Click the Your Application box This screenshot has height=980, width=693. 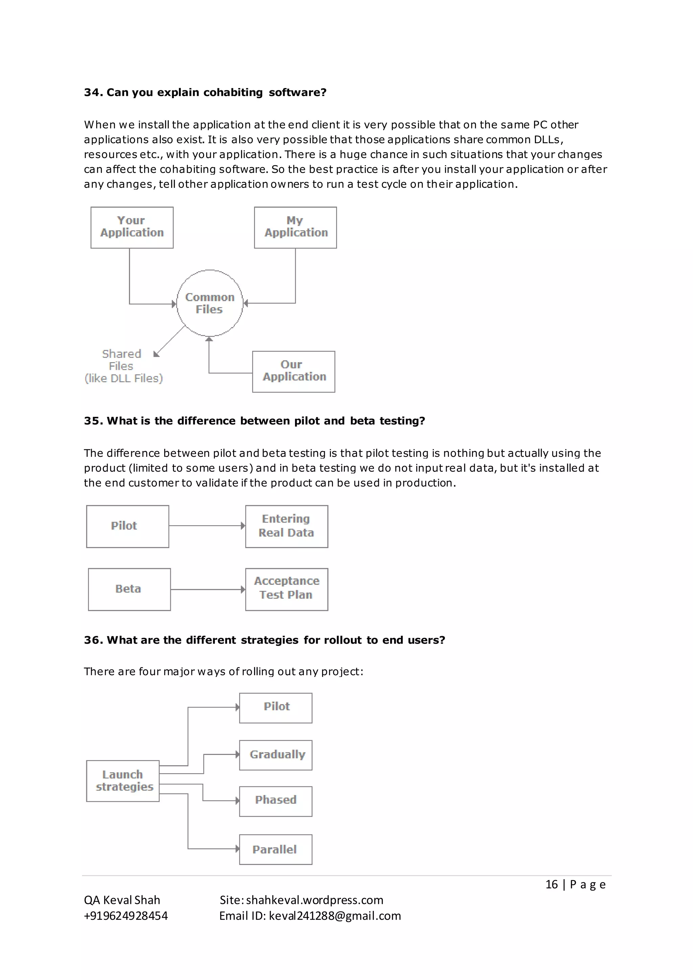(132, 227)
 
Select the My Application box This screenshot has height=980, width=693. (295, 227)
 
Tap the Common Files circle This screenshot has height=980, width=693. (209, 303)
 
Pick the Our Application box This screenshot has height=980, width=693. (294, 371)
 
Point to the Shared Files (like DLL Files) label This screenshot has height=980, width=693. (123, 366)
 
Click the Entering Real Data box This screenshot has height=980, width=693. (286, 526)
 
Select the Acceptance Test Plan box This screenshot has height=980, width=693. (286, 589)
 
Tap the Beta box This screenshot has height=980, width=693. (129, 589)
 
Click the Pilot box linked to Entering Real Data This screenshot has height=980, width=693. (127, 526)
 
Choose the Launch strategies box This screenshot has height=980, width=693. (123, 781)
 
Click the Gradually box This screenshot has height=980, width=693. (276, 755)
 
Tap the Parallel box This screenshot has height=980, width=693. (276, 849)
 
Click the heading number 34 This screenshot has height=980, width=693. (91, 93)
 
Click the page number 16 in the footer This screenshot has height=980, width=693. (551, 884)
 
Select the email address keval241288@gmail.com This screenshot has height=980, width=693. (335, 916)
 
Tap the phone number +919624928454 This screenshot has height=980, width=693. (126, 916)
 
